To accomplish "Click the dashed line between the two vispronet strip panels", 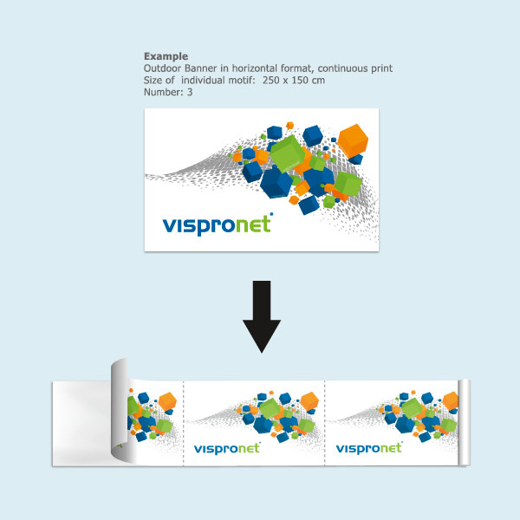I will point(324,425).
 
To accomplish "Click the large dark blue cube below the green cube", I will point(276,181).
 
